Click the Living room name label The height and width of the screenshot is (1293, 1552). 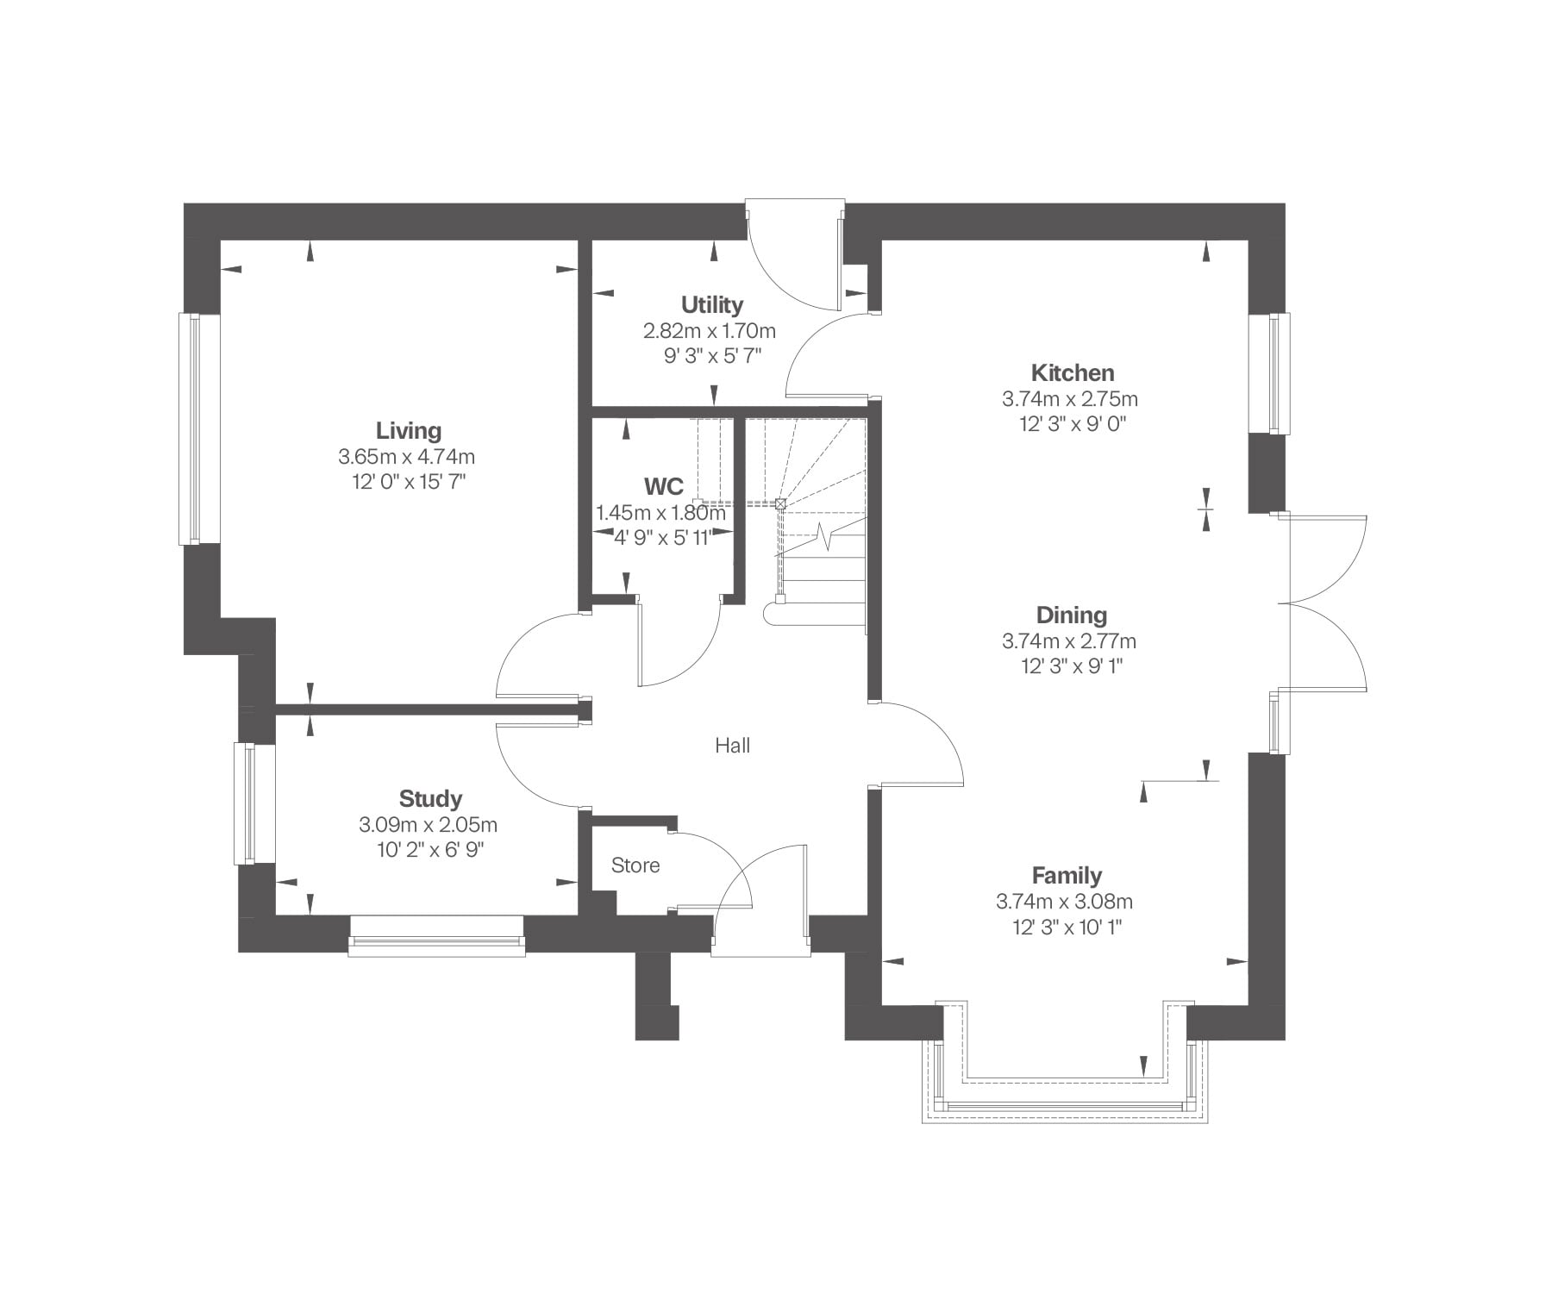409,431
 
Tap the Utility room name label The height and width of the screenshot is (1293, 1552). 712,305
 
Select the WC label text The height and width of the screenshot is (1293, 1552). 664,486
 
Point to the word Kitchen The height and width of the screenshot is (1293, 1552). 1073,373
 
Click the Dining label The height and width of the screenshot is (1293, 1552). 1072,615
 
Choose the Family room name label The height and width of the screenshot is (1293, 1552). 1067,876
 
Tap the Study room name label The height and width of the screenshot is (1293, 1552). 430,799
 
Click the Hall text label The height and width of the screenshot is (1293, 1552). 733,746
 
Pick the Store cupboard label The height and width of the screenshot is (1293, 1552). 635,865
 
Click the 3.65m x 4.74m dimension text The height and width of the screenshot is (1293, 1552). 407,456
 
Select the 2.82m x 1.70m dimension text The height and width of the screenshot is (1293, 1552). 710,331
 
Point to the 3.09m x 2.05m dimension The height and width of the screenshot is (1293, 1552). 429,825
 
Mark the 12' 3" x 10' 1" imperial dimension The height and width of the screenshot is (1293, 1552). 1067,928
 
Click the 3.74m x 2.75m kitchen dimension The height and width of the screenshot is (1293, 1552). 1070,399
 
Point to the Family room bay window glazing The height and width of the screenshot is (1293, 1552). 1065,1107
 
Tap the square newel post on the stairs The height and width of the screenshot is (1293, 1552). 781,503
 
